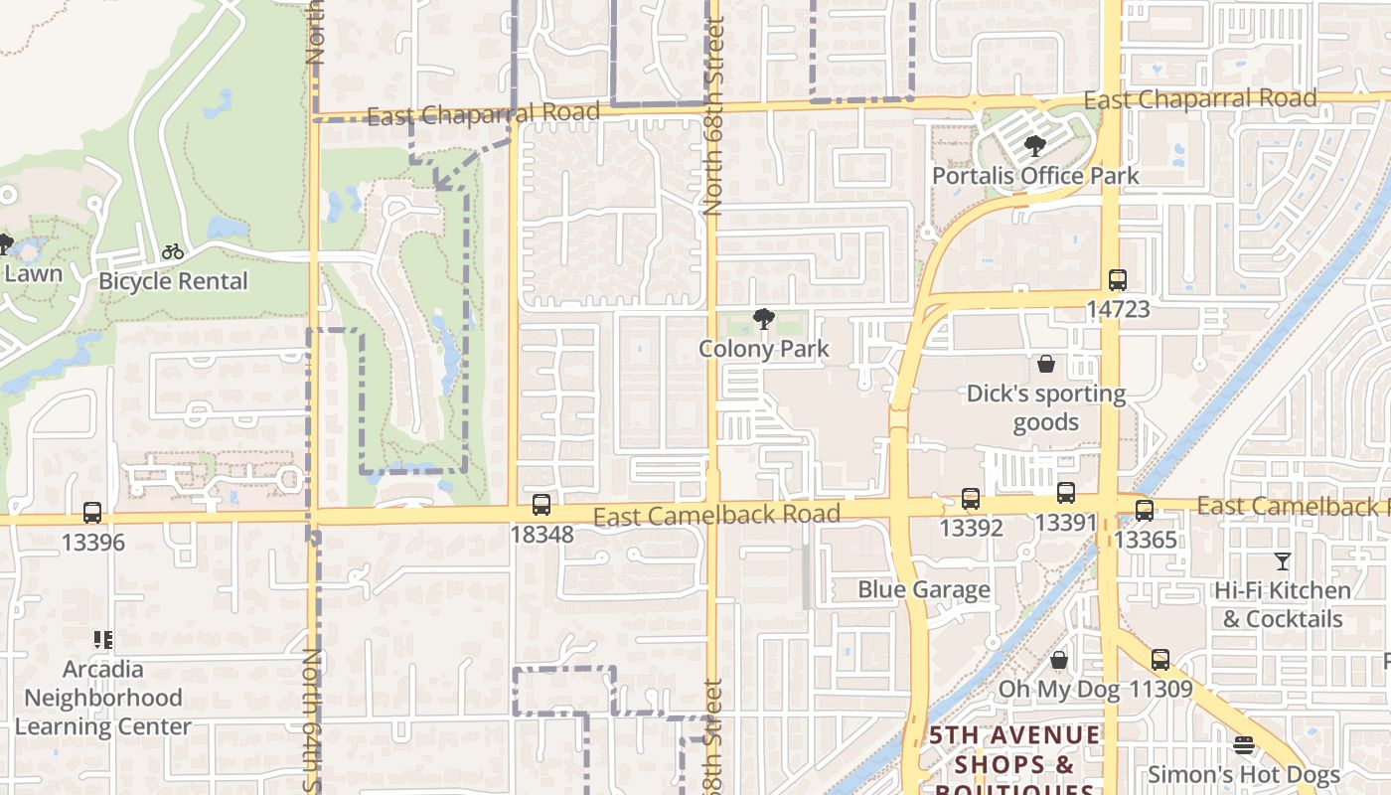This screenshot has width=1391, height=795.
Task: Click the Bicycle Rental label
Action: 173,281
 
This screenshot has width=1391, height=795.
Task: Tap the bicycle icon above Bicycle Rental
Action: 173,251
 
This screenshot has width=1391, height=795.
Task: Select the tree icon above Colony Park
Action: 763,319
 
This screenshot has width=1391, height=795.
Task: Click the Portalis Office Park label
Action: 1035,176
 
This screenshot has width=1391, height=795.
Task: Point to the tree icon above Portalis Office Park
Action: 1034,147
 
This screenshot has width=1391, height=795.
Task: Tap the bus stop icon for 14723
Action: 1118,280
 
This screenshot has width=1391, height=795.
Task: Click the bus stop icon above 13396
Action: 92,513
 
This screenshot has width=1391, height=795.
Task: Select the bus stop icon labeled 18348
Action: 541,505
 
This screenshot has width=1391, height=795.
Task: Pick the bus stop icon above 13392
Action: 971,499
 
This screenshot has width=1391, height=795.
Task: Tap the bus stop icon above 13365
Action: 1145,511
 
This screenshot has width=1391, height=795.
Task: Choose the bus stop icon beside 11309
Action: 1160,660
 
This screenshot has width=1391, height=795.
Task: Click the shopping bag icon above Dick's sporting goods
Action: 1045,365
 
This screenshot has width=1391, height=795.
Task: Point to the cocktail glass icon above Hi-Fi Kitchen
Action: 1283,561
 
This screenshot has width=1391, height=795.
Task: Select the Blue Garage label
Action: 924,589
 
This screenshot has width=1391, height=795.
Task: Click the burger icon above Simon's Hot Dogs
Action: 1244,745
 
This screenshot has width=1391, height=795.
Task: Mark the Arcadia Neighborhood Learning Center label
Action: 102,698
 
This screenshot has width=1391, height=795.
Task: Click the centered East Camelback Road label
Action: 716,515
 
